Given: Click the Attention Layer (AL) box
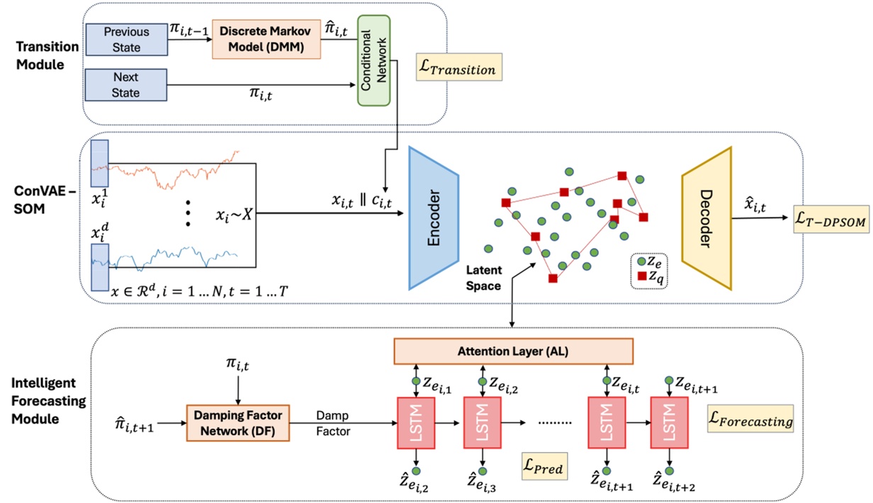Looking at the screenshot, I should (512, 351).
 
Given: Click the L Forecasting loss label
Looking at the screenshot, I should (750, 421).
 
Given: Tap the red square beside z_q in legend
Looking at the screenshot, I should (642, 275).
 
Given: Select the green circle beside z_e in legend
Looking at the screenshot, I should (642, 261).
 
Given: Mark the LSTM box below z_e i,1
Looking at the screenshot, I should (417, 423).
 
